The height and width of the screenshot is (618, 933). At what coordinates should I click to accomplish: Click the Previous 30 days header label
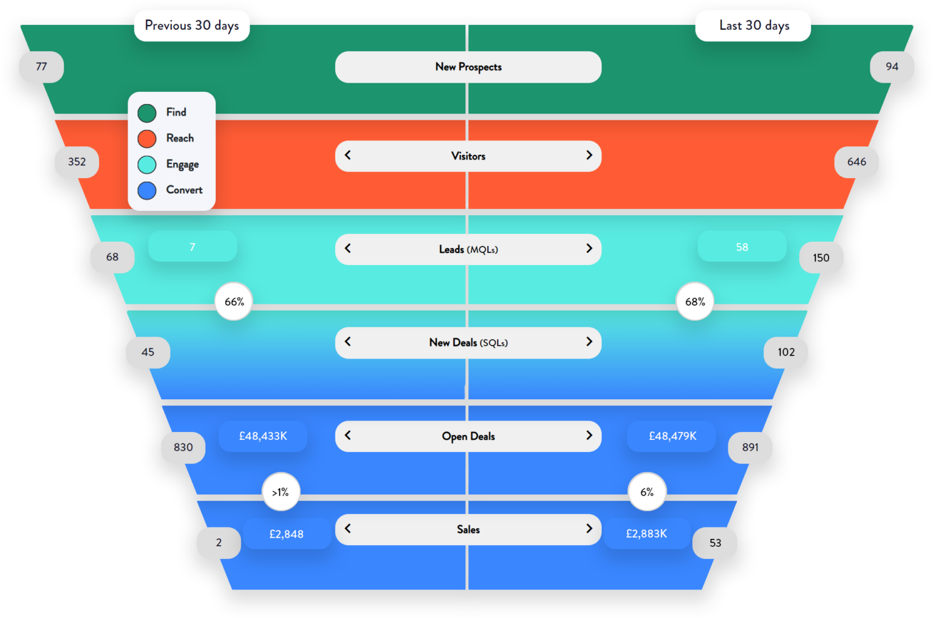[192, 26]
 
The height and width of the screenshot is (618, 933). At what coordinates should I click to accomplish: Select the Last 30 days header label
[753, 26]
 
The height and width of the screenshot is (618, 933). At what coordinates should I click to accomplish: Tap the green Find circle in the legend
[147, 113]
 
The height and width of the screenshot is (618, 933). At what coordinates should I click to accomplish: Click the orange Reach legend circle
[147, 139]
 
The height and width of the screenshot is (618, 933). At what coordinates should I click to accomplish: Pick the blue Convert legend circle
[147, 190]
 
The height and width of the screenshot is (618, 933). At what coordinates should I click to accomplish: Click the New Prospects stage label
[468, 67]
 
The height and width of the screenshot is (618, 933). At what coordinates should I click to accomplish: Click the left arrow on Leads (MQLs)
[348, 249]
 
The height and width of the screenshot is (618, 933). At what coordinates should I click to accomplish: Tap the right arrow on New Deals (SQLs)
[589, 342]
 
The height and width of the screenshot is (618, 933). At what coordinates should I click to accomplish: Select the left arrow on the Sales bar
[348, 529]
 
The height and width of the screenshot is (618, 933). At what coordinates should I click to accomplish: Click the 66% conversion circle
[234, 301]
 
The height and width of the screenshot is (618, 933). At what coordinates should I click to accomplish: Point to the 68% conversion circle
[695, 301]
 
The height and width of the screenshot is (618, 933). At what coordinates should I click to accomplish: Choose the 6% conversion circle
[647, 492]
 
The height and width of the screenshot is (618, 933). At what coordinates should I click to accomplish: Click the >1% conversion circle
[281, 492]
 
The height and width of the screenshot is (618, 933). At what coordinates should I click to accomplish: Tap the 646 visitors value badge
[856, 162]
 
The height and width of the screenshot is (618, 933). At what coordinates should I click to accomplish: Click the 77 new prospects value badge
[41, 67]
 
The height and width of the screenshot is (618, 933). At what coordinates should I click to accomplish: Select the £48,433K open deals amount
[263, 436]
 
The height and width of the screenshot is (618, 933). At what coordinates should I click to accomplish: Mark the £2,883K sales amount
[647, 534]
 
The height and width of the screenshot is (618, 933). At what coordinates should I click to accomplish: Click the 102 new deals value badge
[786, 352]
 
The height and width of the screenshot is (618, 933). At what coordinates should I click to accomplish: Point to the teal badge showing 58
[742, 247]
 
